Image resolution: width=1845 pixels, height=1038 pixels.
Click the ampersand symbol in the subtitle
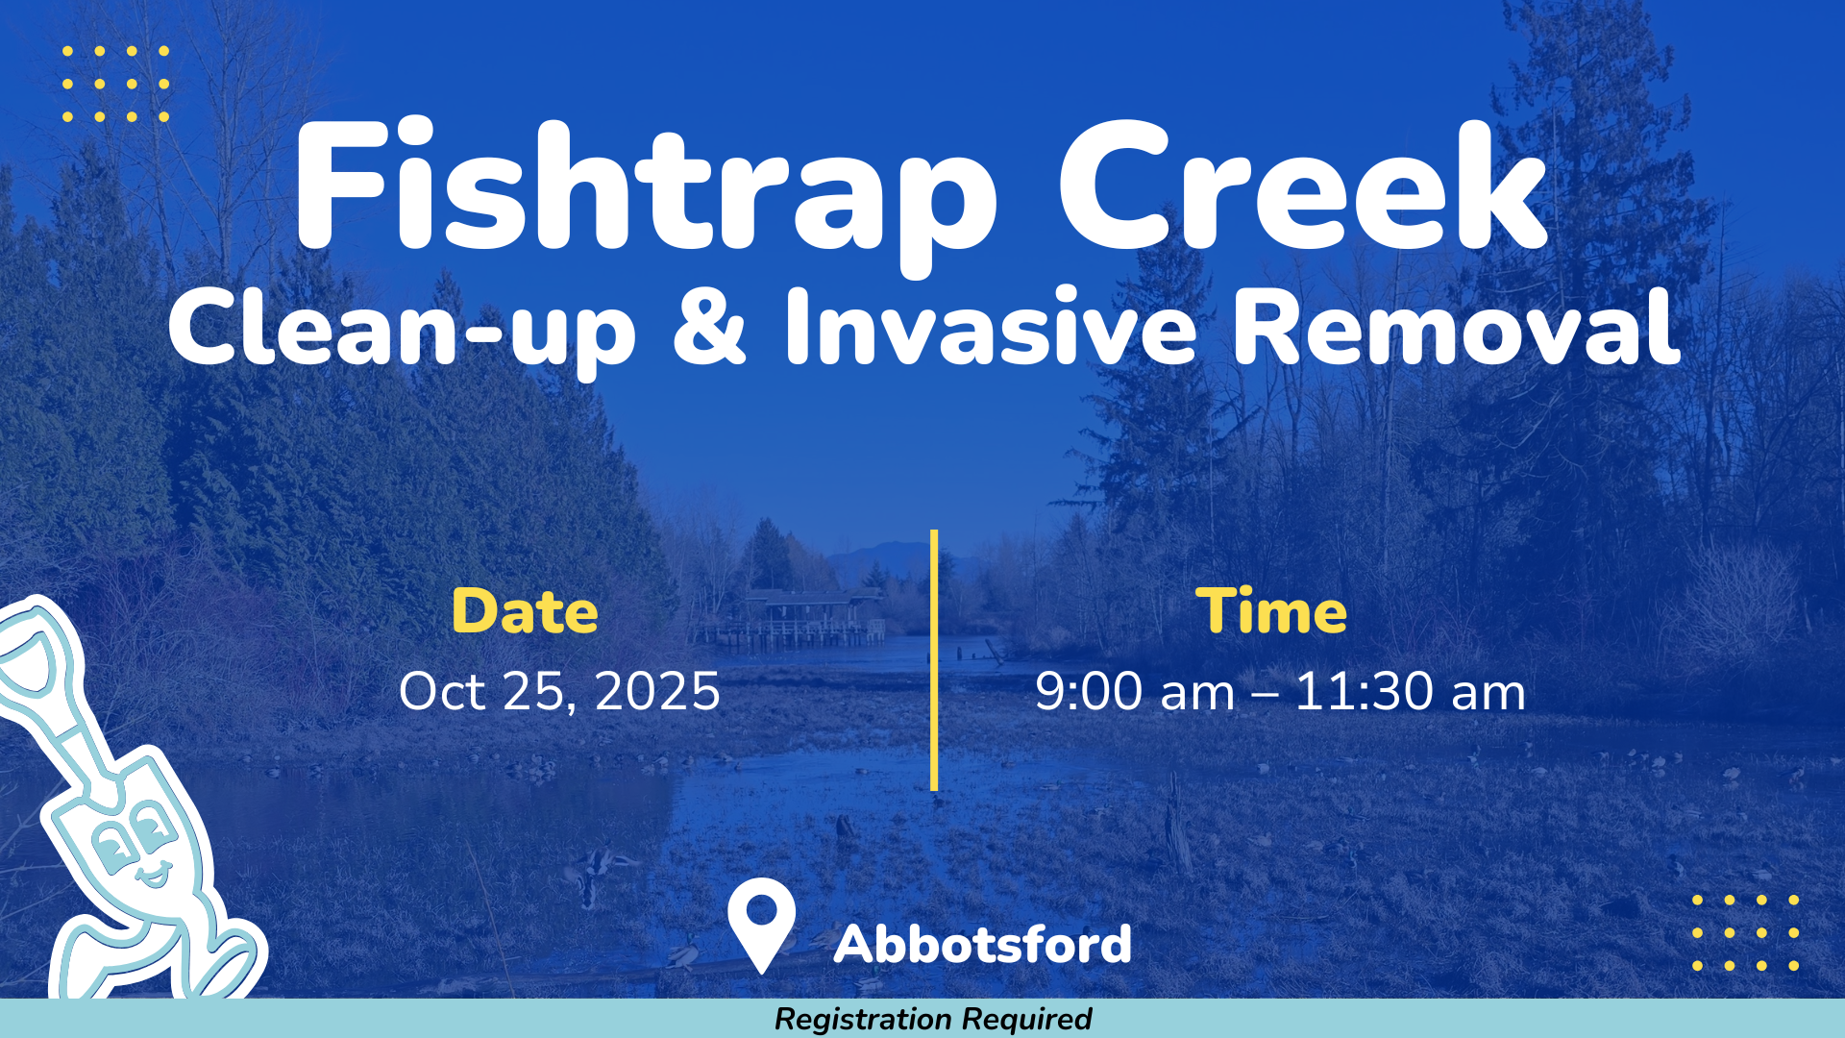click(x=709, y=327)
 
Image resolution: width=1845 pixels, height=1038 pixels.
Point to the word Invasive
click(x=992, y=327)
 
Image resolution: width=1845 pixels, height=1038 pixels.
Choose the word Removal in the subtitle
click(x=1457, y=327)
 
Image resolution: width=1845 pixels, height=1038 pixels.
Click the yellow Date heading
click(x=525, y=611)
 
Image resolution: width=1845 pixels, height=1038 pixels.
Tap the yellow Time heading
click(x=1271, y=611)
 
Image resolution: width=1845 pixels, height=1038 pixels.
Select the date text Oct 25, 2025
click(x=559, y=692)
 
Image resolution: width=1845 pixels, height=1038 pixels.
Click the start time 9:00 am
click(x=1135, y=691)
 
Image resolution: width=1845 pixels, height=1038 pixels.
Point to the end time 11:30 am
click(x=1411, y=691)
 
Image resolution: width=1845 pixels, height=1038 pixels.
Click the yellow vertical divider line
click(x=934, y=660)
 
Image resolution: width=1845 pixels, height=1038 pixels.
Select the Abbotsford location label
click(x=983, y=944)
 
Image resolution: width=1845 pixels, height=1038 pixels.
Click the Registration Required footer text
click(x=933, y=1019)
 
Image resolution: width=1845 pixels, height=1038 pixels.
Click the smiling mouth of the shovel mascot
click(x=154, y=876)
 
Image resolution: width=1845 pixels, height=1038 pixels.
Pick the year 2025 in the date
click(x=657, y=691)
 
